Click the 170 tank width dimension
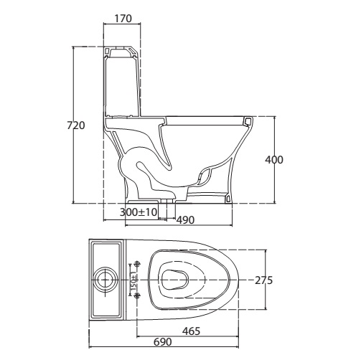pyautogui.click(x=123, y=19)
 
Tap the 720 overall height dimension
pyautogui.click(x=76, y=125)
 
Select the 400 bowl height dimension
pyautogui.click(x=274, y=160)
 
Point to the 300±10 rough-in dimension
pyautogui.click(x=139, y=212)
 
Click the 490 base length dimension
pyautogui.click(x=185, y=220)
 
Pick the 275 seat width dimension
pyautogui.click(x=263, y=280)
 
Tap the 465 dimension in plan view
pyautogui.click(x=191, y=331)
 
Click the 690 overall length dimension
pyautogui.click(x=163, y=342)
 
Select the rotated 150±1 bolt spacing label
pyautogui.click(x=134, y=280)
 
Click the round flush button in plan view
pyautogui.click(x=106, y=280)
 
